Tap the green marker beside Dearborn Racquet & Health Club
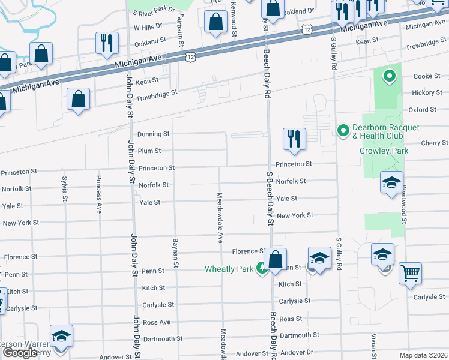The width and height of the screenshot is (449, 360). click(x=343, y=129)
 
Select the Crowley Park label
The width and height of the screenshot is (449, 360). click(x=384, y=151)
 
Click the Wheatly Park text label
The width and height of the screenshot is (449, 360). click(x=229, y=269)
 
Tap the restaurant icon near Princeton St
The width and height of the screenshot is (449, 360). click(x=295, y=139)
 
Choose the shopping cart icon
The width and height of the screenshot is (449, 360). click(x=411, y=273)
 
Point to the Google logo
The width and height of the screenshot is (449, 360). click(x=20, y=353)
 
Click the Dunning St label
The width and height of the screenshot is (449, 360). click(x=154, y=134)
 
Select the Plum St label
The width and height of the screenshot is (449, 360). click(x=149, y=151)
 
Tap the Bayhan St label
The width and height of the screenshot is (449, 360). click(x=176, y=252)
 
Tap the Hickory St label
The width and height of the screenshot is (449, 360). click(x=427, y=93)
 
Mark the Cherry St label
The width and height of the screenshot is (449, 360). click(x=435, y=143)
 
